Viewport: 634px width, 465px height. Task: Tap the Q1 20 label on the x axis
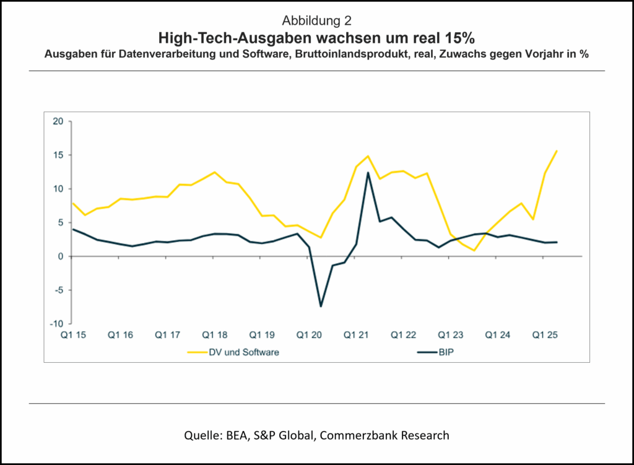(x=310, y=335)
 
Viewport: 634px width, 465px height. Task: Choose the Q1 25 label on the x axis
(x=546, y=335)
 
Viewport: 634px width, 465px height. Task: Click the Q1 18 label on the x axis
(x=214, y=335)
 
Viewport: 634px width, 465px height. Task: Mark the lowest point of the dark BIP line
(x=321, y=306)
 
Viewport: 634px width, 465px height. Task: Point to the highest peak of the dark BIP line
(x=368, y=173)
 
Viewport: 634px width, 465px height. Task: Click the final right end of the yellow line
(x=557, y=150)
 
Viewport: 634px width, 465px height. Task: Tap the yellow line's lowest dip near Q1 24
(x=474, y=250)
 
